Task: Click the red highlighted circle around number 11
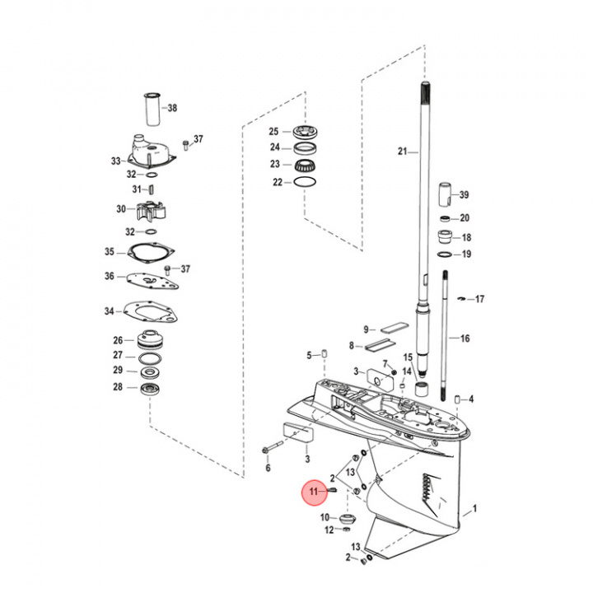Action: tap(314, 493)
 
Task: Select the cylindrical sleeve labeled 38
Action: tap(150, 108)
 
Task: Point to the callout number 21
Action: tap(403, 152)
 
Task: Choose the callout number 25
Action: tap(274, 132)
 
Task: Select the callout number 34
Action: tap(109, 311)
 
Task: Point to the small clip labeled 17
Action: tap(464, 298)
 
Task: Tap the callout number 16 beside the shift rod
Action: tap(465, 339)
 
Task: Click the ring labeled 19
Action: tap(446, 254)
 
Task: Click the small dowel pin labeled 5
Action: tap(325, 355)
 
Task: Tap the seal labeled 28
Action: tap(150, 388)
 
